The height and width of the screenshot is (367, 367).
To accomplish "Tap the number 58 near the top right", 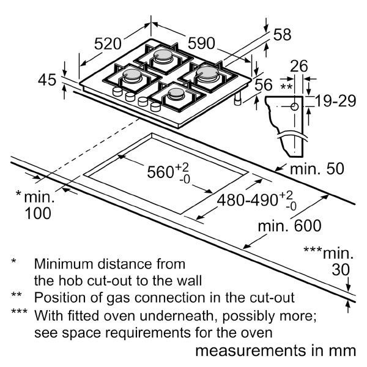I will point(281,35).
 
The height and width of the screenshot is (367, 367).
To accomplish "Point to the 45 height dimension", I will point(46,80).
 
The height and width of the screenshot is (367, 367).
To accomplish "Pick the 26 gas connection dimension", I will point(298,67).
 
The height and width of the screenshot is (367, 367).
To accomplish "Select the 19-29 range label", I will point(335,101).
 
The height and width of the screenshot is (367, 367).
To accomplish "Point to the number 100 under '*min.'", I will point(38,213).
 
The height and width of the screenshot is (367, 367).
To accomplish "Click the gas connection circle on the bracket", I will point(295,106).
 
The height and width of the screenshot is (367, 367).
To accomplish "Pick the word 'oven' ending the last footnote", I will point(257,333).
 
